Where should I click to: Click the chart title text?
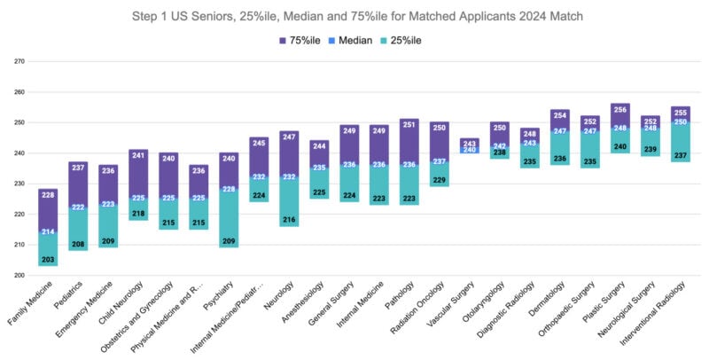click(x=354, y=16)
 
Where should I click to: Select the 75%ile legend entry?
click(x=302, y=41)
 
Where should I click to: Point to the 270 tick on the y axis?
click(x=19, y=61)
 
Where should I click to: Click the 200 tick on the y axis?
click(x=19, y=275)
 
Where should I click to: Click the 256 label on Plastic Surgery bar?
click(x=619, y=110)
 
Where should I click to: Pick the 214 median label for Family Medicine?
click(x=48, y=232)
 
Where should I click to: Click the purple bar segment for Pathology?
click(x=409, y=142)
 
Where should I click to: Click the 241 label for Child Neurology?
click(x=138, y=155)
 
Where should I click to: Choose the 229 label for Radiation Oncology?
click(x=439, y=180)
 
